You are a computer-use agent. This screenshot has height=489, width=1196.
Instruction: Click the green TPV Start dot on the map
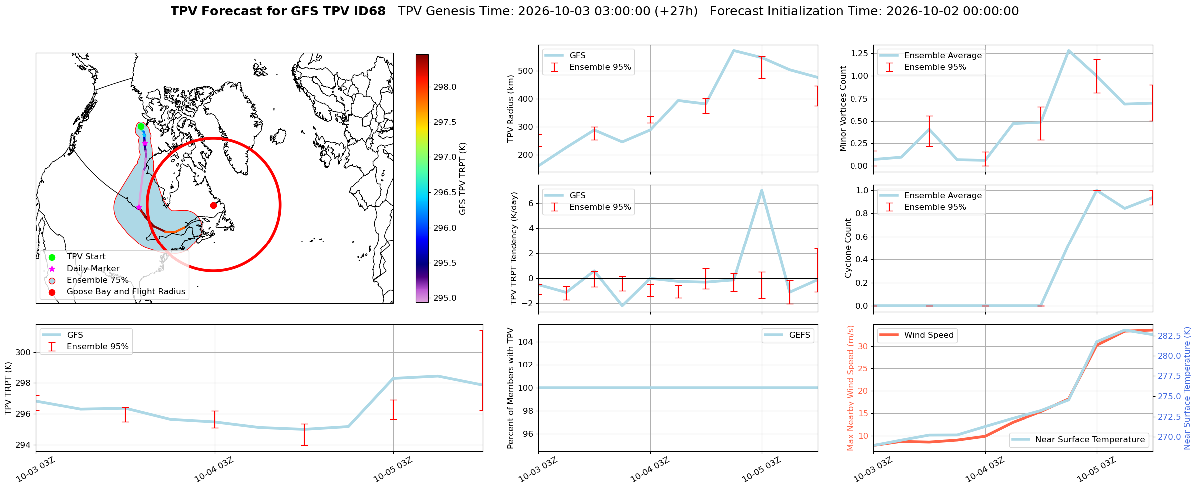[141, 126]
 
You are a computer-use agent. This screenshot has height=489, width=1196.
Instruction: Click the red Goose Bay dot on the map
[213, 205]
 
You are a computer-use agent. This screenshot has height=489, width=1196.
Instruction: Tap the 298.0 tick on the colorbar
[445, 87]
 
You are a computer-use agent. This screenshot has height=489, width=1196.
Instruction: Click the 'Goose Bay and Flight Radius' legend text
[126, 292]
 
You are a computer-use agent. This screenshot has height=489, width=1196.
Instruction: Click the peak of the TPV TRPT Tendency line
[761, 190]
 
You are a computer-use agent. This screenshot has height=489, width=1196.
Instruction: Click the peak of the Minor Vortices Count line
[1068, 50]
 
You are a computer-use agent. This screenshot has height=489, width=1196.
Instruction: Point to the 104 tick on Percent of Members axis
[528, 342]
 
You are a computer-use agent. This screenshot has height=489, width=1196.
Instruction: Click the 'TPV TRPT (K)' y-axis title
[8, 388]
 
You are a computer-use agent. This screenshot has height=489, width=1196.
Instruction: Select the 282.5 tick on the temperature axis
[1169, 336]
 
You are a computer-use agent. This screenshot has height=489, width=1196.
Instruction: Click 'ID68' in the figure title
[368, 11]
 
